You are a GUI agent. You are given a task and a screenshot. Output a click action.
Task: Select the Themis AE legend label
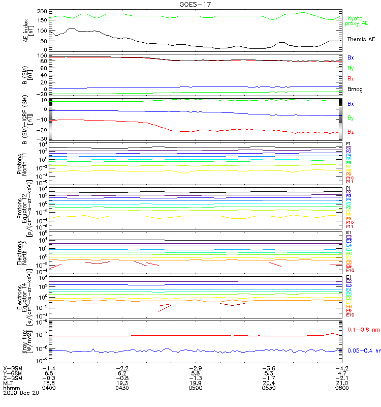click(x=361, y=39)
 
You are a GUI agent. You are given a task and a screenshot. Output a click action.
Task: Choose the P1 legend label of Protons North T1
click(x=349, y=144)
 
